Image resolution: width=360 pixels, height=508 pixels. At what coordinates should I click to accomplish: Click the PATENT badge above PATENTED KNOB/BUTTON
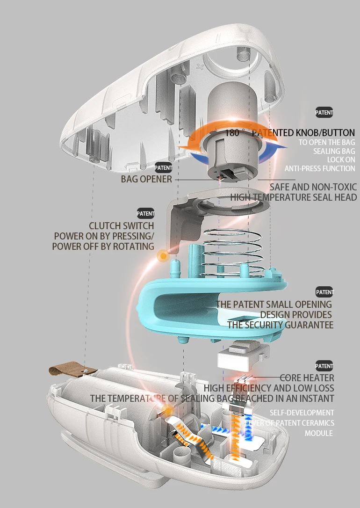[x=324, y=112]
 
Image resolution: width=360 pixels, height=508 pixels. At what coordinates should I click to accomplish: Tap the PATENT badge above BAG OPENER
[x=163, y=167]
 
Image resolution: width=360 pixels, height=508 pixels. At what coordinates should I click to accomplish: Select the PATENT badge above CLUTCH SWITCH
[x=145, y=214]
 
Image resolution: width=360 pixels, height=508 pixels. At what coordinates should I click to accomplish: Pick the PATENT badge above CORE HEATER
[x=324, y=366]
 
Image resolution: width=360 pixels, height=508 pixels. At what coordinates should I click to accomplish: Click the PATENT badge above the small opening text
[x=325, y=292]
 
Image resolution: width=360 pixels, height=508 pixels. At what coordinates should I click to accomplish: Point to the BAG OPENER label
[x=146, y=179]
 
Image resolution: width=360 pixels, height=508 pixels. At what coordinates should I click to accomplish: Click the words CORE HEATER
[x=307, y=377]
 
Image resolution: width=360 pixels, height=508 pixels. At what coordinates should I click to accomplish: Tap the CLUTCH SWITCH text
[x=122, y=226]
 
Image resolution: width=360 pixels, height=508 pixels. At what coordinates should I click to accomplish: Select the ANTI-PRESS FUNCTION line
[x=320, y=168]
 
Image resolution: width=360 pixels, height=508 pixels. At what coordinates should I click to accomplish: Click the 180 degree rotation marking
[x=232, y=133]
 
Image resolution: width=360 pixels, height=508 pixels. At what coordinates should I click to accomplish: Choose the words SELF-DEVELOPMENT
[x=302, y=413]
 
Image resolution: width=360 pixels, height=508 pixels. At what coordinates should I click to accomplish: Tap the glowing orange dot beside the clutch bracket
[x=163, y=255]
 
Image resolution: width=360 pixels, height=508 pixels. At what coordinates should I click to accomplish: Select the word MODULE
[x=319, y=433]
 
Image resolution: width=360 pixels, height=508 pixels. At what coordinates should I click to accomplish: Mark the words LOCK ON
[x=341, y=160]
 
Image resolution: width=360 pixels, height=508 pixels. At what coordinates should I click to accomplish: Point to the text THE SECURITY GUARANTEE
[x=281, y=325]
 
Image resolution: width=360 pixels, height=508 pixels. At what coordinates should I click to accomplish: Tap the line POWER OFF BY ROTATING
[x=103, y=246]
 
